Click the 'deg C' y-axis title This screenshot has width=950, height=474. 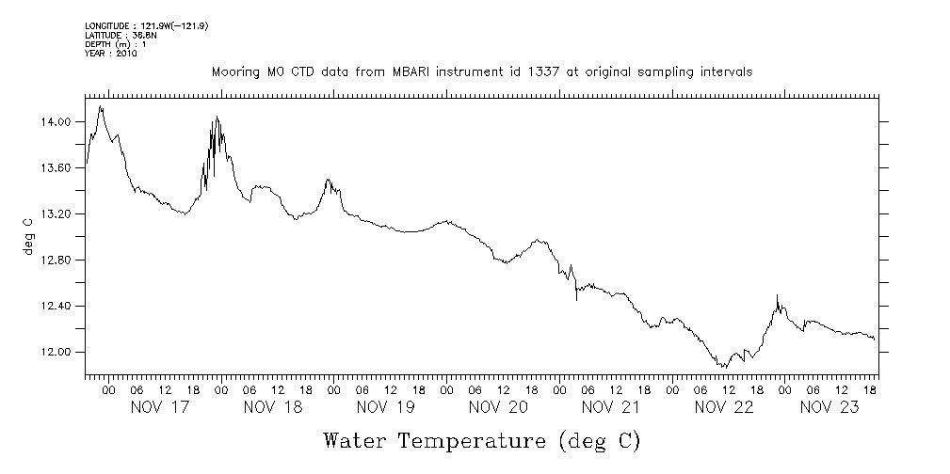[x=29, y=236]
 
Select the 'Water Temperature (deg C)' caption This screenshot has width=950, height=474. [x=481, y=440]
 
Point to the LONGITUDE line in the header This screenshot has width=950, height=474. [x=146, y=26]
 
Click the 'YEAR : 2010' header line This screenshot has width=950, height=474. [x=111, y=55]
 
